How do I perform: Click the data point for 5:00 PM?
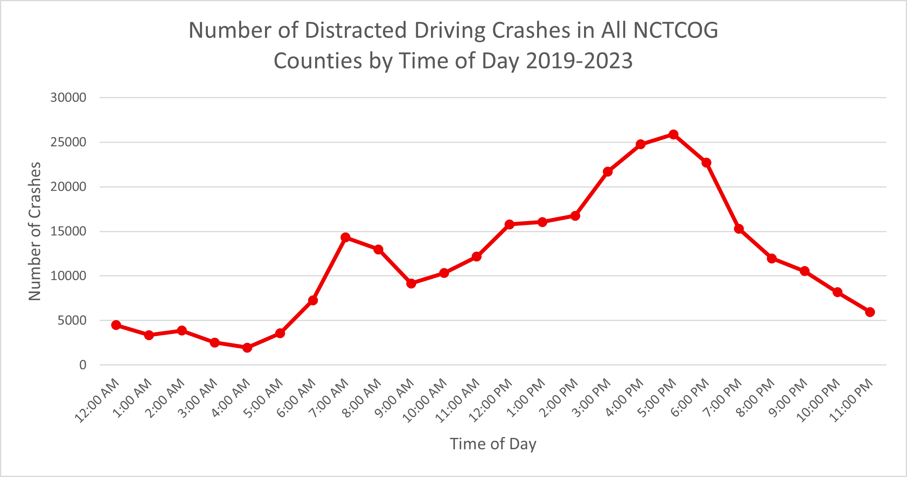point(673,135)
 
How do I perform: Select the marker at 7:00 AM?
point(345,238)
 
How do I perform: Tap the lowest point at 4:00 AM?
point(247,347)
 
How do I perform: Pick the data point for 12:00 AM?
point(116,325)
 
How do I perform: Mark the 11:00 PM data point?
point(870,312)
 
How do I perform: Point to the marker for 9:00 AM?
point(411,283)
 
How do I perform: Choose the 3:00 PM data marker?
point(608,171)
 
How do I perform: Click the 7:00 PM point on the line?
point(739,229)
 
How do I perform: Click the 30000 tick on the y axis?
point(68,97)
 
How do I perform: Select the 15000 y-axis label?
point(68,231)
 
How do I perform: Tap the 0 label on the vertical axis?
point(83,365)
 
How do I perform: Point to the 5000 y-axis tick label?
point(72,320)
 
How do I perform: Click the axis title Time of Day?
point(493,444)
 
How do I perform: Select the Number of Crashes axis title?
point(35,231)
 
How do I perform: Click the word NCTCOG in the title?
point(676,30)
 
